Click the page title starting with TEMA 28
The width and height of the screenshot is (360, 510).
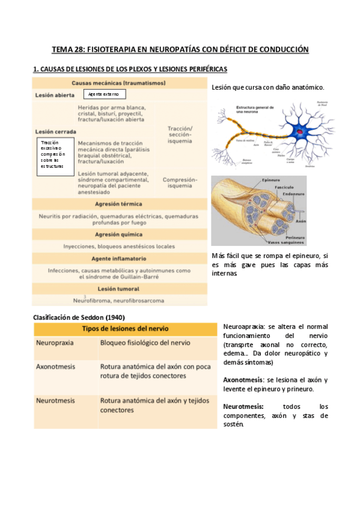coord(180,49)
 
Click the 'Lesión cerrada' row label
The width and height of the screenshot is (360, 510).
coord(55,131)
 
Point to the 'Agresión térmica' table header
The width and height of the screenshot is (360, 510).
coord(119,204)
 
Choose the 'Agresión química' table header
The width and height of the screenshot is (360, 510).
coord(119,233)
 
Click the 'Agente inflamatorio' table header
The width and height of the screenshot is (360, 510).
coord(119,258)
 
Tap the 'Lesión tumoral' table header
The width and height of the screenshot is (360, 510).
coord(119,288)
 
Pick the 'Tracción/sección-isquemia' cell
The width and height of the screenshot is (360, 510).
coord(180,135)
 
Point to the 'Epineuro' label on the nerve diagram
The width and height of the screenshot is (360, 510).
coord(270,180)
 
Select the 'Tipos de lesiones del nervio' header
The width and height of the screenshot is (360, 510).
coord(125,329)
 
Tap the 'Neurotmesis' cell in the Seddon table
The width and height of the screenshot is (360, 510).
coord(55,399)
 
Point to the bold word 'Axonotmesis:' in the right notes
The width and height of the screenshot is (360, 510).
coord(243,380)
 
